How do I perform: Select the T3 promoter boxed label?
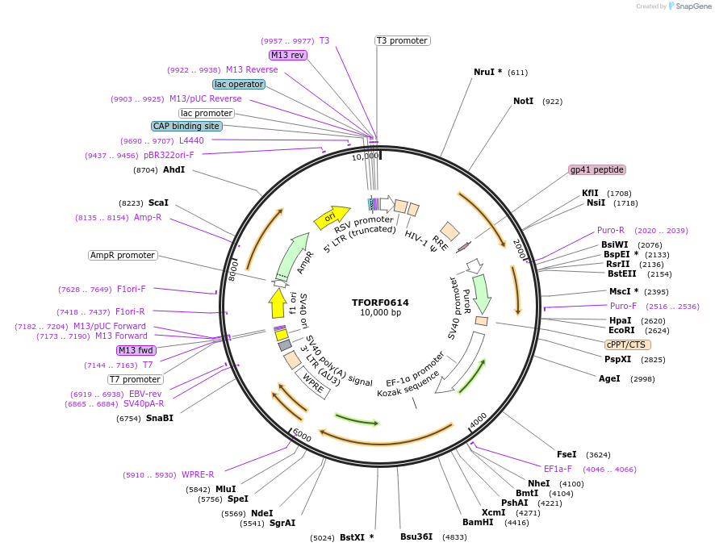click(402, 40)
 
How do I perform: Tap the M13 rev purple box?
click(287, 55)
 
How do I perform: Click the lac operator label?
click(239, 84)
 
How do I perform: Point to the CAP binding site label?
click(186, 126)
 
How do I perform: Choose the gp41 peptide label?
click(597, 169)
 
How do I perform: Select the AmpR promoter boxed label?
click(122, 255)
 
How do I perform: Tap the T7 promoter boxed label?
click(135, 379)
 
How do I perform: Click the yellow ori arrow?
click(331, 216)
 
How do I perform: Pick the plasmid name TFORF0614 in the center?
click(380, 303)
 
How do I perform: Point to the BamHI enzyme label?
click(477, 522)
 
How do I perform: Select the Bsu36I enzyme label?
click(416, 536)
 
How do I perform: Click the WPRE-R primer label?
click(198, 474)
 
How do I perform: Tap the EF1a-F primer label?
click(558, 469)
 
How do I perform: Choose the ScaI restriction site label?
click(158, 203)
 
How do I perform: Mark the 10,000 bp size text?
click(380, 313)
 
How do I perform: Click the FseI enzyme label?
click(567, 454)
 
